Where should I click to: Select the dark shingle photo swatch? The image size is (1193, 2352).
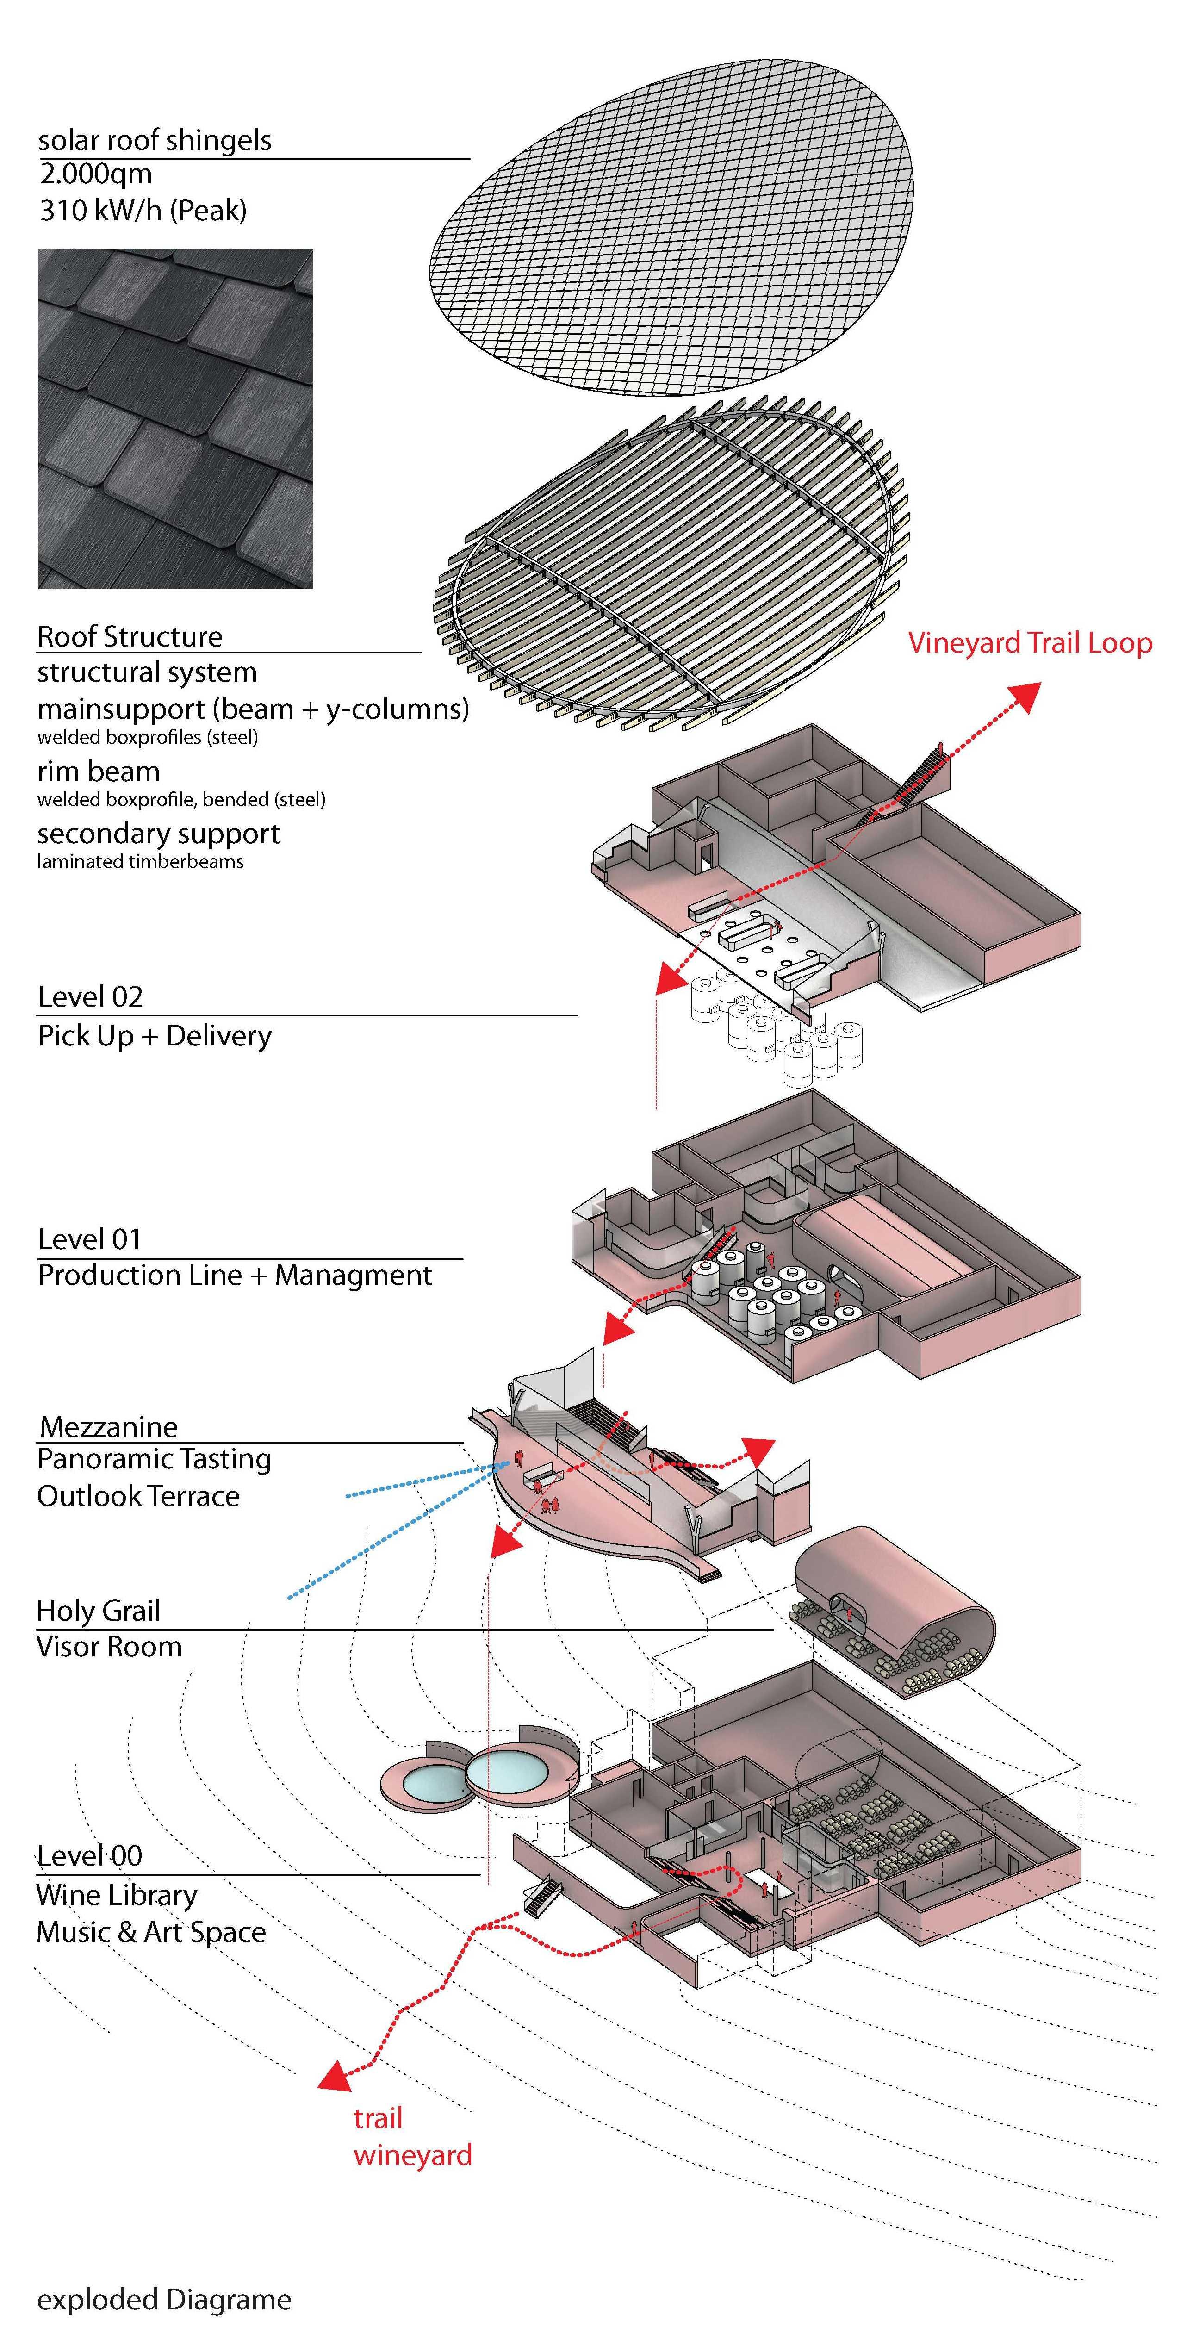pos(175,418)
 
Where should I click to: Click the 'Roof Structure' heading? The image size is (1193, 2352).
pos(130,636)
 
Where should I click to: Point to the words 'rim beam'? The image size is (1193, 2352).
pos(99,772)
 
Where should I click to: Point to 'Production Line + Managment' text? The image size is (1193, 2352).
pos(235,1276)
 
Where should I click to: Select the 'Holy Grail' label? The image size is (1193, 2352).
pos(99,1612)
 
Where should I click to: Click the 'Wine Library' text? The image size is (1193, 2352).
pos(117,1896)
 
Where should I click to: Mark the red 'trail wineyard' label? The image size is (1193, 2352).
pos(413,2137)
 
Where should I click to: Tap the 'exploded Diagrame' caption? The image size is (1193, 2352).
pos(164,2300)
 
